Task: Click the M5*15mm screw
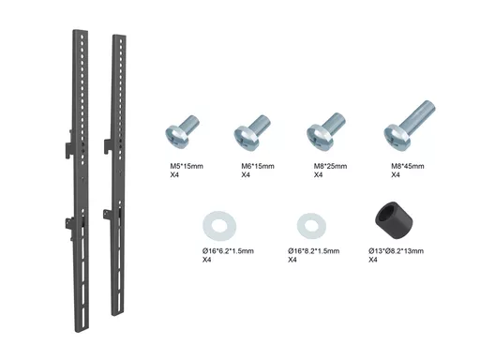click(x=181, y=132)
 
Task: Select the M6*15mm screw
click(x=252, y=132)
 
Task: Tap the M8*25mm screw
click(x=325, y=130)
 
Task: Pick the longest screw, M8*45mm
click(x=409, y=127)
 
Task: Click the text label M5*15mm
click(x=187, y=166)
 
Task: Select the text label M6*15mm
click(x=258, y=166)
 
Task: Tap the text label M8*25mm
click(x=330, y=166)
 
